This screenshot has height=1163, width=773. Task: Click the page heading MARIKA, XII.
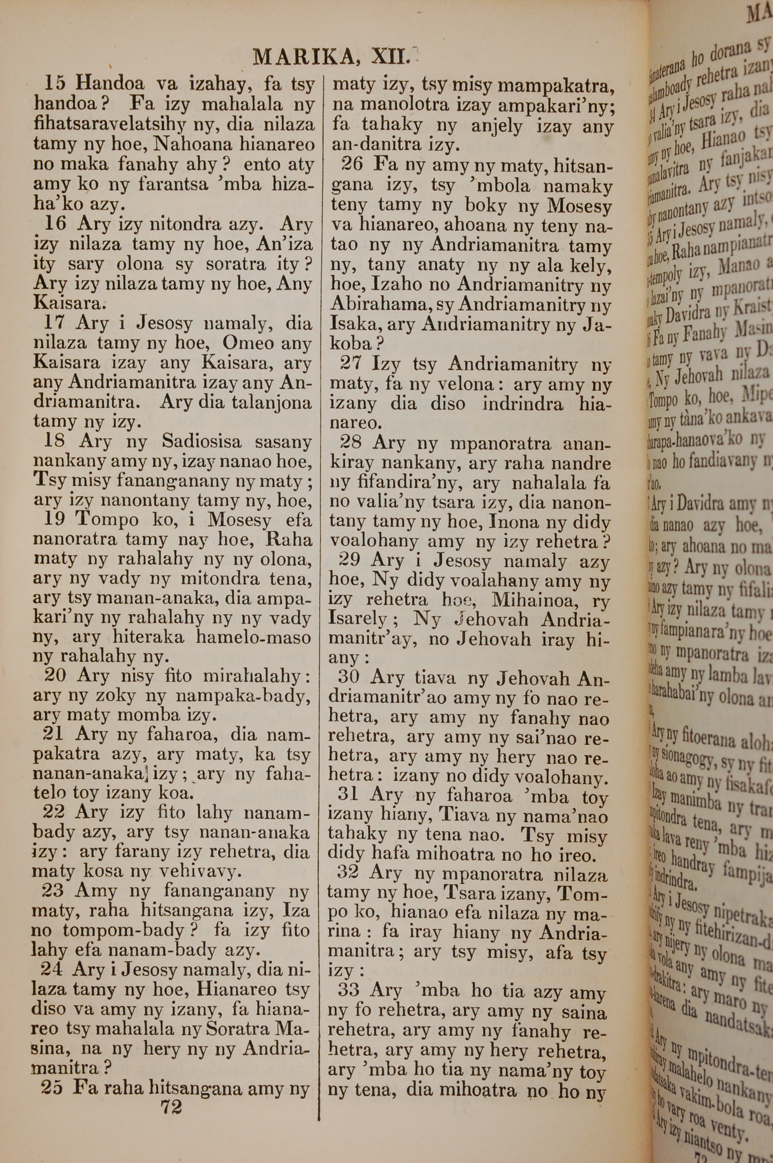pyautogui.click(x=331, y=57)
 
